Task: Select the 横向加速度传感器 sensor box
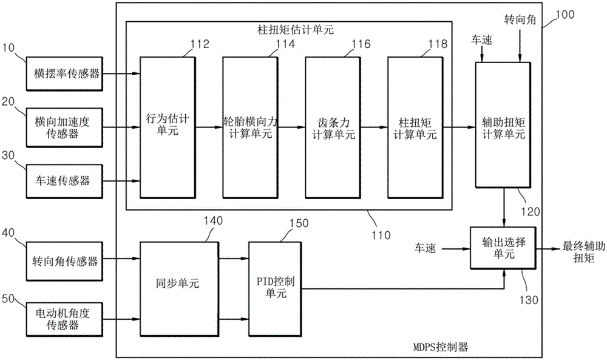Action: pyautogui.click(x=63, y=127)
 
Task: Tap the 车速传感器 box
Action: pyautogui.click(x=63, y=180)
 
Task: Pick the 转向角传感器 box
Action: pyautogui.click(x=63, y=261)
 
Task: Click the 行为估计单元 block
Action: pyautogui.click(x=165, y=127)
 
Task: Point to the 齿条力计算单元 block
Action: pyautogui.click(x=330, y=127)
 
